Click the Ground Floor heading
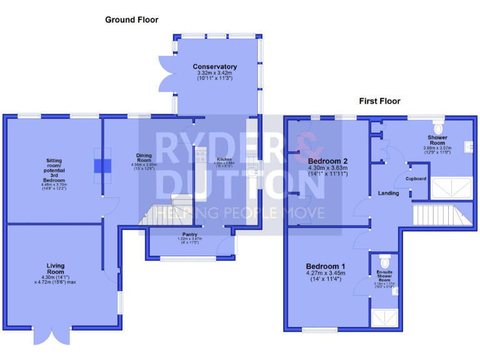click(x=131, y=20)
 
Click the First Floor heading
click(x=379, y=101)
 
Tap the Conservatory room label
click(x=214, y=67)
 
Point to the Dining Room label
click(x=144, y=157)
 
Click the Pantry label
click(x=190, y=234)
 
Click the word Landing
click(x=388, y=193)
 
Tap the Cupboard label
click(x=416, y=179)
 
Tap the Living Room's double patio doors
click(x=51, y=335)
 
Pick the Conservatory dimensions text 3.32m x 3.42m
click(x=214, y=73)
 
